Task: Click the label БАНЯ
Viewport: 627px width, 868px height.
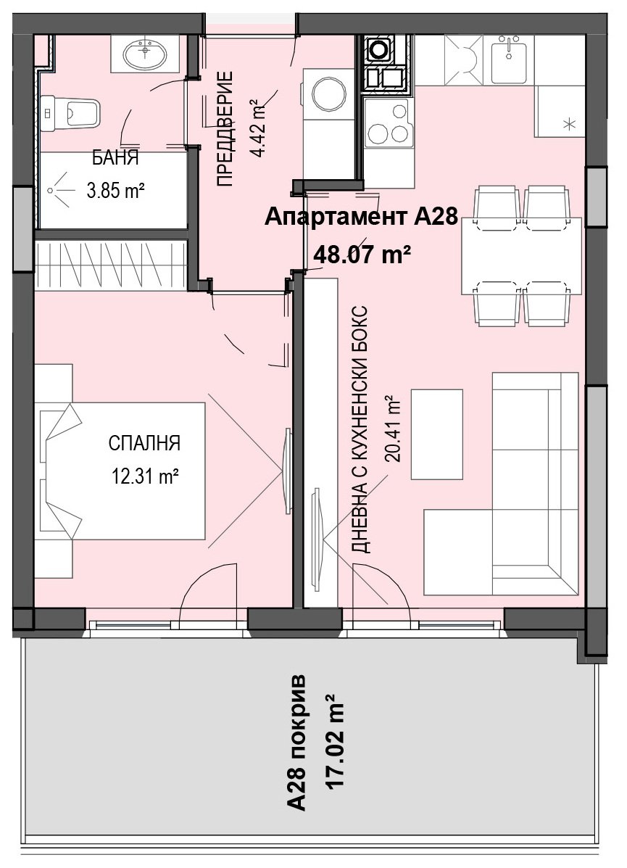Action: (x=115, y=159)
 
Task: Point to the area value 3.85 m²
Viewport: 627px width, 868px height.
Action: (x=115, y=191)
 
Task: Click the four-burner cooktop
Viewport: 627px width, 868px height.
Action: (x=389, y=122)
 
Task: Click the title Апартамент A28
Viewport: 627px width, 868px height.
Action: (x=361, y=217)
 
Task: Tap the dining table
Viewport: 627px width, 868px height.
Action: (x=521, y=256)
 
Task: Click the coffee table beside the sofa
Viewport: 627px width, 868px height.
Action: (x=436, y=434)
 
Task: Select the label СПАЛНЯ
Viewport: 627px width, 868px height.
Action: (x=144, y=443)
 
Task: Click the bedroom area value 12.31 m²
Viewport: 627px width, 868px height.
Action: (x=144, y=476)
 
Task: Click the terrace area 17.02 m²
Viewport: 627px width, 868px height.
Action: (x=337, y=741)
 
